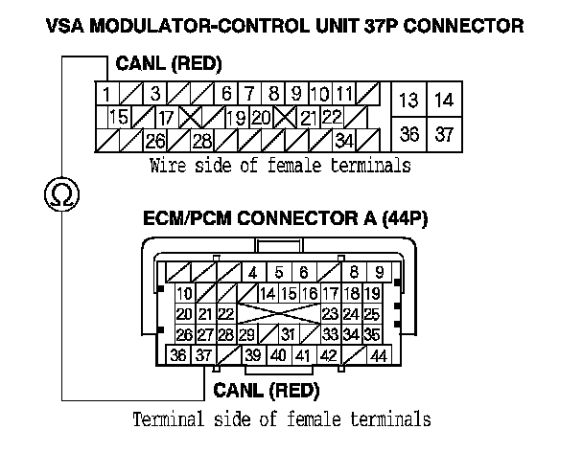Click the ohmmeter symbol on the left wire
[x=63, y=196]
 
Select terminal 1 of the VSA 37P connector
[x=105, y=94]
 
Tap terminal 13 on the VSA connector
[x=409, y=100]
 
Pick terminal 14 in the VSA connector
[x=443, y=100]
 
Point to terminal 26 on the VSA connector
[x=154, y=141]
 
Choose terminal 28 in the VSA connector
[x=202, y=141]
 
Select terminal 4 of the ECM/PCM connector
[x=253, y=272]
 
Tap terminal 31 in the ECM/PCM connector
[x=287, y=334]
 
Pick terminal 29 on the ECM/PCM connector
[x=246, y=334]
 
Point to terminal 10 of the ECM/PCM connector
[x=183, y=293]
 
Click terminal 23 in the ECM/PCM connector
[x=330, y=313]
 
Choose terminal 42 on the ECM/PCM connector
[x=329, y=355]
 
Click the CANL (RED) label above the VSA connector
[x=169, y=65]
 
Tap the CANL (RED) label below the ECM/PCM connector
[x=266, y=390]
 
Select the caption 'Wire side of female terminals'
[x=280, y=165]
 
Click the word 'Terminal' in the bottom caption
[x=162, y=418]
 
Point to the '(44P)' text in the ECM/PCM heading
[x=404, y=218]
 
